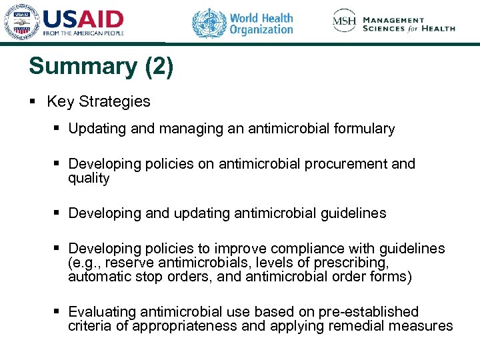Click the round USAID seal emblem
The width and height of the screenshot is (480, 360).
click(x=22, y=23)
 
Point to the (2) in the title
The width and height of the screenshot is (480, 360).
click(x=159, y=66)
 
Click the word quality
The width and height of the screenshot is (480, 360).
click(x=89, y=178)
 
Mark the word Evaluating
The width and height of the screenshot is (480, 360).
click(x=101, y=312)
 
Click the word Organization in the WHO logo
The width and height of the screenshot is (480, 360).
click(x=261, y=30)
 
